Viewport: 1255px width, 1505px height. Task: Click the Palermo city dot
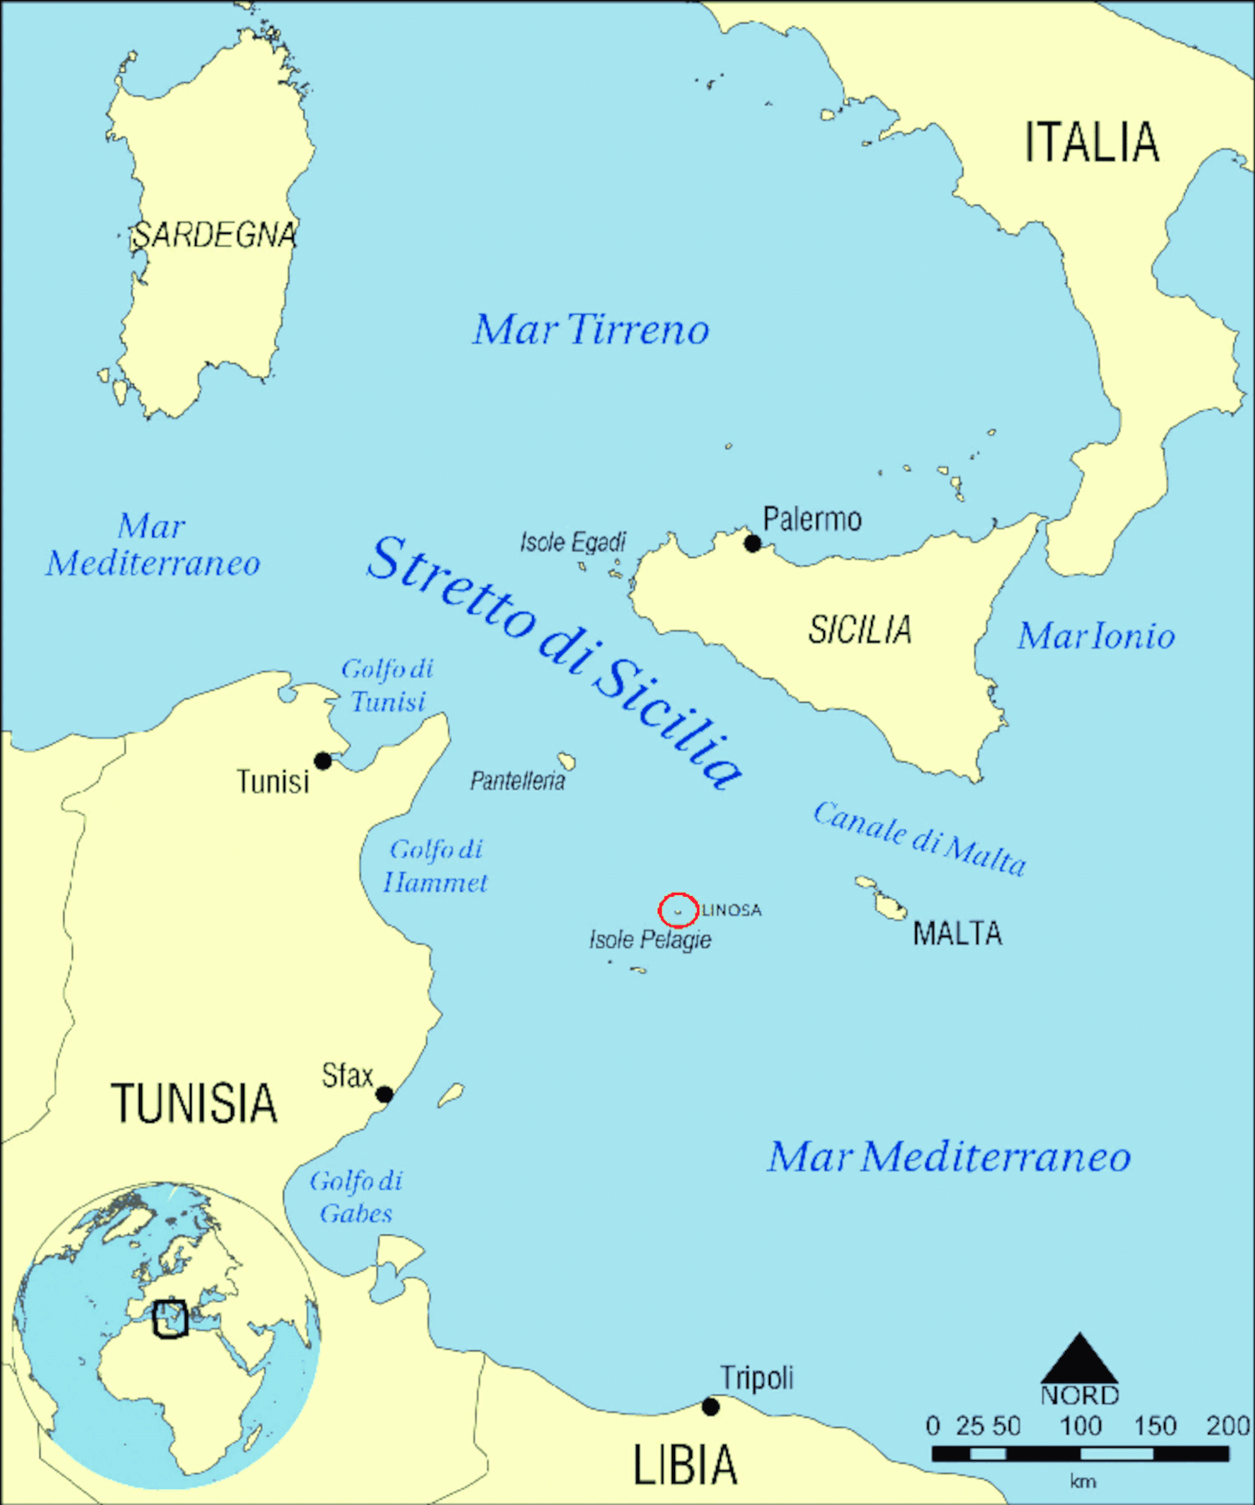pyautogui.click(x=752, y=544)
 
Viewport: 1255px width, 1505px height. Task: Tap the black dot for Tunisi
pyautogui.click(x=323, y=761)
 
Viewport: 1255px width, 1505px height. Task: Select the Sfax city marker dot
pyautogui.click(x=384, y=1094)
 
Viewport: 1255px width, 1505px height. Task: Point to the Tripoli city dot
pyautogui.click(x=710, y=1407)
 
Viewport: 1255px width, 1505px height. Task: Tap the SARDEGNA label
pyautogui.click(x=215, y=235)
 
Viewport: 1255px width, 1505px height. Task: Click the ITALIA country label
pyautogui.click(x=1092, y=142)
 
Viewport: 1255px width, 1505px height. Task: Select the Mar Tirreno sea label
pyautogui.click(x=591, y=330)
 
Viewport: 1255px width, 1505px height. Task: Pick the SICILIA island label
pyautogui.click(x=859, y=630)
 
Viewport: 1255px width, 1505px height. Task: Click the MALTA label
pyautogui.click(x=957, y=934)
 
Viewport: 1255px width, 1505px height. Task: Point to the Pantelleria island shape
pyautogui.click(x=567, y=761)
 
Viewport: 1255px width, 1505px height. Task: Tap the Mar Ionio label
pyautogui.click(x=1096, y=637)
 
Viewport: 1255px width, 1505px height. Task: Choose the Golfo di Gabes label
pyautogui.click(x=356, y=1197)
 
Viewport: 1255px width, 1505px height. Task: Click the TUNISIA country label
pyautogui.click(x=194, y=1103)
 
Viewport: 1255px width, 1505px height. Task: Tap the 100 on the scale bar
pyautogui.click(x=1080, y=1426)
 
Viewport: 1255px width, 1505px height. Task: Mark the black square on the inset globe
pyautogui.click(x=170, y=1318)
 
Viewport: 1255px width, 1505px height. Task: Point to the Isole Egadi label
pyautogui.click(x=573, y=542)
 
